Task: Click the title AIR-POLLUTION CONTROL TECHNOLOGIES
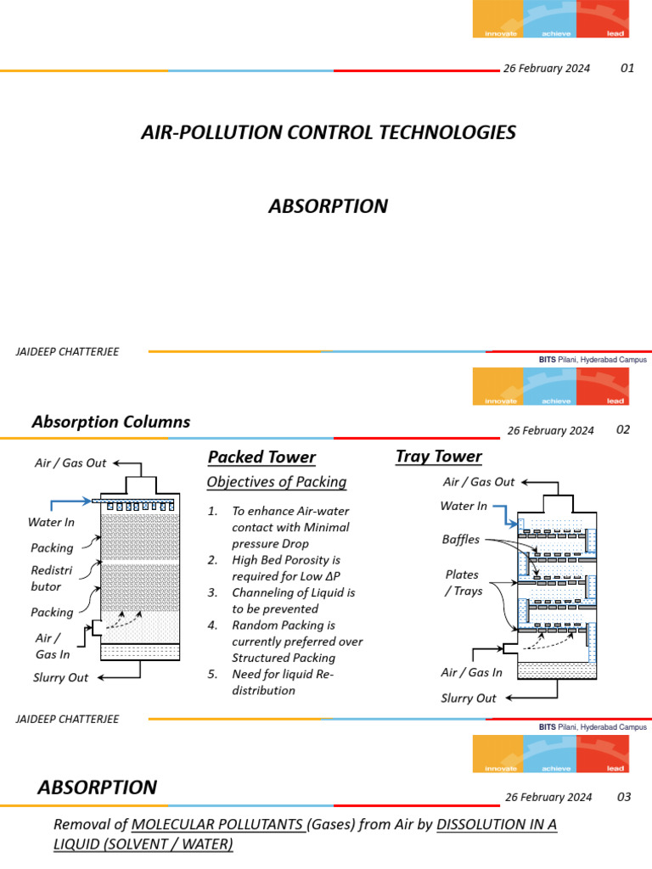[327, 133]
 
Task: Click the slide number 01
[627, 68]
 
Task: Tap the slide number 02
[623, 429]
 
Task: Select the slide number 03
[624, 797]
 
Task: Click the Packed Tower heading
[261, 457]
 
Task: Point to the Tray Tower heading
[438, 457]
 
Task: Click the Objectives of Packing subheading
[277, 482]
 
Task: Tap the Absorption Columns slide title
[110, 422]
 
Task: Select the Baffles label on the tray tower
[461, 539]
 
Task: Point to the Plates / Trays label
[464, 583]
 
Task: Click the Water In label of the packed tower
[51, 523]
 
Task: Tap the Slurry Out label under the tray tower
[469, 698]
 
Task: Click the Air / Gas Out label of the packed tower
[70, 463]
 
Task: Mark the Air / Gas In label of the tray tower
[471, 672]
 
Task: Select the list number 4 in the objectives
[213, 625]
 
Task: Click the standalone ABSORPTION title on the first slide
[328, 206]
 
